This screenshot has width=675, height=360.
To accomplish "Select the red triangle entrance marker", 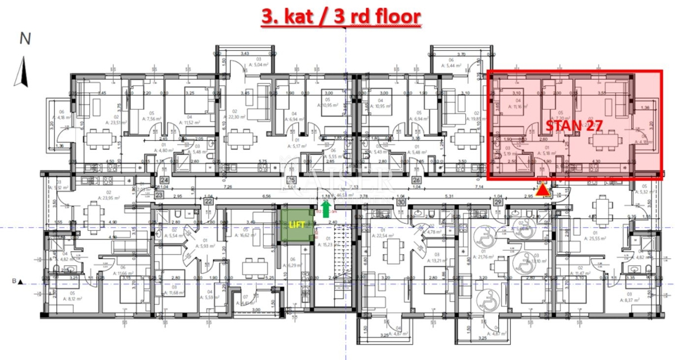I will pyautogui.click(x=542, y=190).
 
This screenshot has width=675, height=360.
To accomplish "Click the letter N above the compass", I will pyautogui.click(x=25, y=38).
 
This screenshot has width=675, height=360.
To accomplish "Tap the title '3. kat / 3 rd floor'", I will pyautogui.click(x=341, y=16).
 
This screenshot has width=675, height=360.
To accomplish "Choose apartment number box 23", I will pyautogui.click(x=159, y=195).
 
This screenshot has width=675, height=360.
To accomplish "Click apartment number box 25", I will pyautogui.click(x=291, y=180).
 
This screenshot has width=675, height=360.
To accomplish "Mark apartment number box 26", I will pyautogui.click(x=417, y=180).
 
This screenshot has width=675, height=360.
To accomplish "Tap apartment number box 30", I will pyautogui.click(x=401, y=201).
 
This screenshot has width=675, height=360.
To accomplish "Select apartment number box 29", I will pyautogui.click(x=497, y=201).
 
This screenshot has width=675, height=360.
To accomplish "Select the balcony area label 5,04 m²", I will pyautogui.click(x=251, y=65).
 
